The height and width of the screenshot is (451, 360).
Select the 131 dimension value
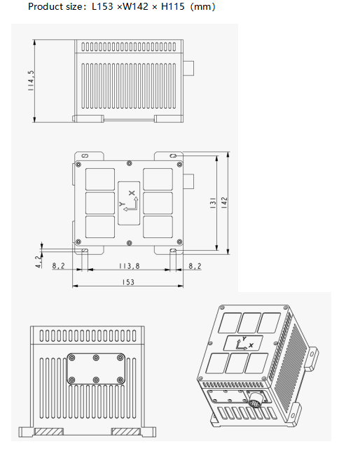[211, 203]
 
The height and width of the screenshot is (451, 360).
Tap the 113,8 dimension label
[127, 266]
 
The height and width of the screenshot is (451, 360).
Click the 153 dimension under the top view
[127, 282]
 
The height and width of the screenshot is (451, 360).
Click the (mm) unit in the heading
[202, 7]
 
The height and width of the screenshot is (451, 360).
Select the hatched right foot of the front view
[127, 431]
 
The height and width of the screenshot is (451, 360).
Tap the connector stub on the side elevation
[190, 67]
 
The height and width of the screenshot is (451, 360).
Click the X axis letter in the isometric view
[251, 345]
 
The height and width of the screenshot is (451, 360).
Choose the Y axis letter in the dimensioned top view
[122, 205]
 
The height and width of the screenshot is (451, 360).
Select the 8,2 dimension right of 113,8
[195, 266]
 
